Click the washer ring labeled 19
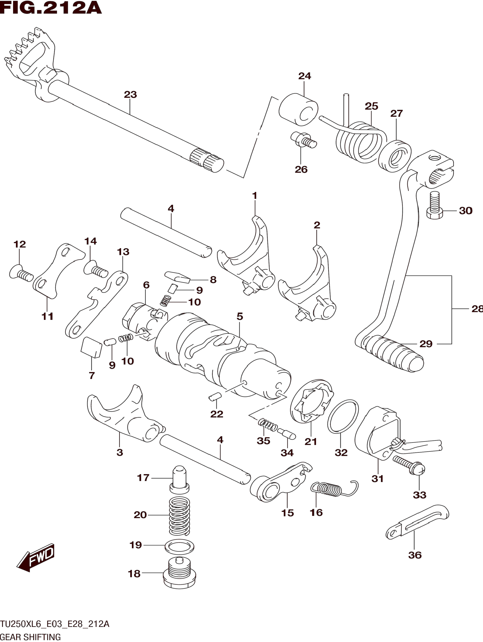pyautogui.click(x=179, y=547)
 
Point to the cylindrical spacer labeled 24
pyautogui.click(x=298, y=109)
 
